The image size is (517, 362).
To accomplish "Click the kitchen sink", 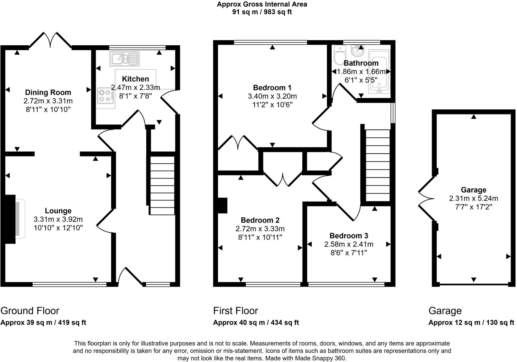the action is point(124,59).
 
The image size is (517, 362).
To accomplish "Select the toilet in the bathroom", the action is point(340,55).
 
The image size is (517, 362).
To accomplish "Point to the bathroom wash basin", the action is point(356,51).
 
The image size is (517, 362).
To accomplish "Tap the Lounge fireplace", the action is point(15,219).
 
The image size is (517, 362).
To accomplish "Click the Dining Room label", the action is point(48,92).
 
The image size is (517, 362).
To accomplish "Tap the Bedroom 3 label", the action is point(349,236).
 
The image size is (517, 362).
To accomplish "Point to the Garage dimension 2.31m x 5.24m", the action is point(474,198).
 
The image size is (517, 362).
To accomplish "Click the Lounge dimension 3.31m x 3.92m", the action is point(58,219).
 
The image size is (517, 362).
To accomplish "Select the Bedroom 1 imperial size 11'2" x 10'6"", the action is point(270,105).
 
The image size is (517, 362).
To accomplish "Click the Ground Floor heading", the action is point(30,311).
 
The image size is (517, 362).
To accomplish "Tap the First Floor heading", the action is point(236,311).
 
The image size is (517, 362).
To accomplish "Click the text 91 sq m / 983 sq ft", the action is point(262,12).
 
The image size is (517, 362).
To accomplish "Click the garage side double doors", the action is point(426,199).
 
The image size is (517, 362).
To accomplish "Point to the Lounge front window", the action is point(69,285).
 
